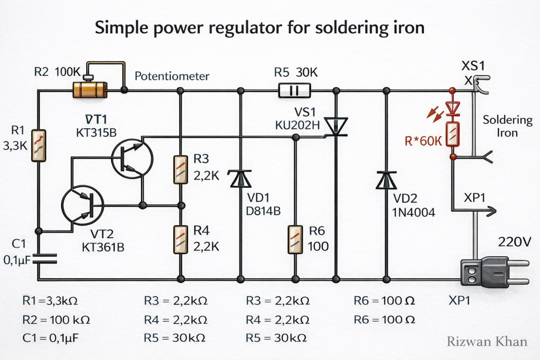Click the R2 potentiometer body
(90, 90)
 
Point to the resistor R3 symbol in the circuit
(181, 169)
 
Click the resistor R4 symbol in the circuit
(181, 239)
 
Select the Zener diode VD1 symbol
(240, 179)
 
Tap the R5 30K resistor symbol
(294, 90)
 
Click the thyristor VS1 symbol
(336, 127)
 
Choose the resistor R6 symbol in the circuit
(294, 239)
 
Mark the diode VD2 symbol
(386, 181)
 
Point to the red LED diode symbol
(453, 108)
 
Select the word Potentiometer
(172, 76)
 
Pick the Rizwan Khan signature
(487, 341)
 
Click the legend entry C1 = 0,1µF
(51, 338)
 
